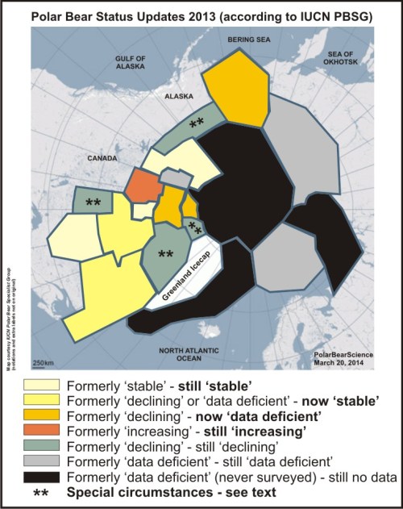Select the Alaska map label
pos(178,95)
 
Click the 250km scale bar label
pos(42,361)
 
